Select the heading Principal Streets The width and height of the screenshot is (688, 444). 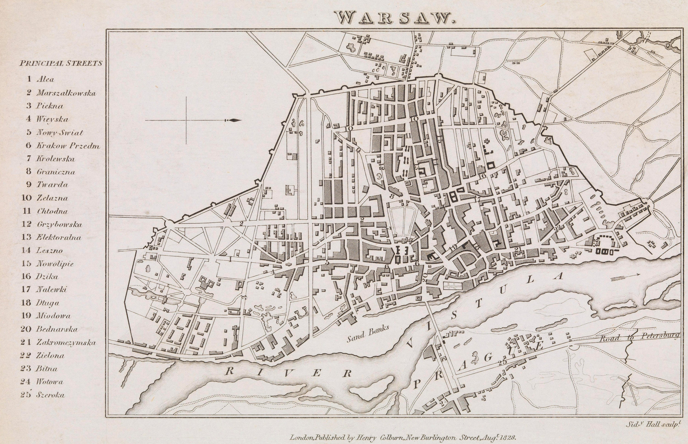click(x=61, y=63)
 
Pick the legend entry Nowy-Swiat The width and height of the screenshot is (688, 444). click(x=60, y=133)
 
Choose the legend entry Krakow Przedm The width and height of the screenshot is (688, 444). click(x=68, y=146)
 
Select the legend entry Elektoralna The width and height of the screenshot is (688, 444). click(x=59, y=237)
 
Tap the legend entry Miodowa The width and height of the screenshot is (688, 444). click(x=53, y=316)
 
